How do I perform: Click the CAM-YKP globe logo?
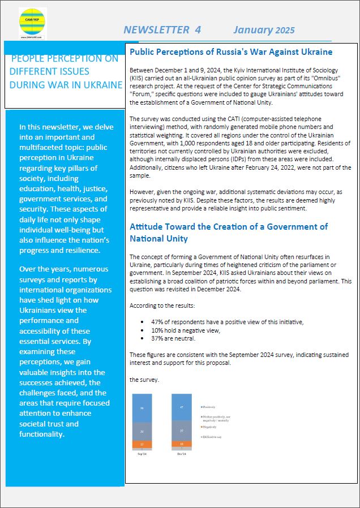click(32, 22)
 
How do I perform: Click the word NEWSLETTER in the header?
click(156, 30)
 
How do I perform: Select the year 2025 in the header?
click(285, 31)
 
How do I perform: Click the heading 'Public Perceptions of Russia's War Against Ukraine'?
click(231, 52)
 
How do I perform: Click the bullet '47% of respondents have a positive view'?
click(228, 321)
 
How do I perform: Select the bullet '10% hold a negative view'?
click(185, 330)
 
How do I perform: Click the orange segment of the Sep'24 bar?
click(142, 445)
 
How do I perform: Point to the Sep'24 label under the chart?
click(142, 454)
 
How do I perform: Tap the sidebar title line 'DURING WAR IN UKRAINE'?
click(66, 85)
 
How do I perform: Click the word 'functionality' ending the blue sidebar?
click(42, 434)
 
